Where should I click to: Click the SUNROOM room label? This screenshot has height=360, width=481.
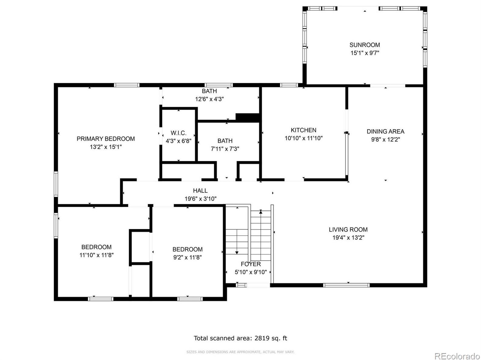coord(365,45)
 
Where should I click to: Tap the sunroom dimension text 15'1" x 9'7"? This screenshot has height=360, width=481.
coord(365,53)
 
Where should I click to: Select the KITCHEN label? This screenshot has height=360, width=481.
coord(303,130)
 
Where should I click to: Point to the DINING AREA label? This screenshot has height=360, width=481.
coord(385,131)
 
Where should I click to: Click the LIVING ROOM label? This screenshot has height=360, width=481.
coord(348,229)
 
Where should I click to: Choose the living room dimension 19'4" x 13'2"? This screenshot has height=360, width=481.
coord(348,238)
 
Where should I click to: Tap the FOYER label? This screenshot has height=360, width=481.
coord(251,264)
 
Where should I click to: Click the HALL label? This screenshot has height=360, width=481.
coord(200,191)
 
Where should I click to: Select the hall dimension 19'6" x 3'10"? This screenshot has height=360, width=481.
coord(200,199)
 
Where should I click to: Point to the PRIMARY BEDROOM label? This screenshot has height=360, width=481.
coord(106,139)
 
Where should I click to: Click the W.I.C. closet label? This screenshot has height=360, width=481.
coord(178,133)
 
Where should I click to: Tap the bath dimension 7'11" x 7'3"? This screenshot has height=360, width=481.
coord(225,149)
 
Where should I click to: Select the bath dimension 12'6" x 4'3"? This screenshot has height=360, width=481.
coord(209,99)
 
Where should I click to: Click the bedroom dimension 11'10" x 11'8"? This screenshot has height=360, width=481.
coord(96,255)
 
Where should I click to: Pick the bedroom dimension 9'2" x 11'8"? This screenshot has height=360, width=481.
coord(187,257)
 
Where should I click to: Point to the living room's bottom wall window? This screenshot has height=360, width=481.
coord(346,285)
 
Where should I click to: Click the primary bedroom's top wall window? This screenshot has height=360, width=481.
coord(127,85)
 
